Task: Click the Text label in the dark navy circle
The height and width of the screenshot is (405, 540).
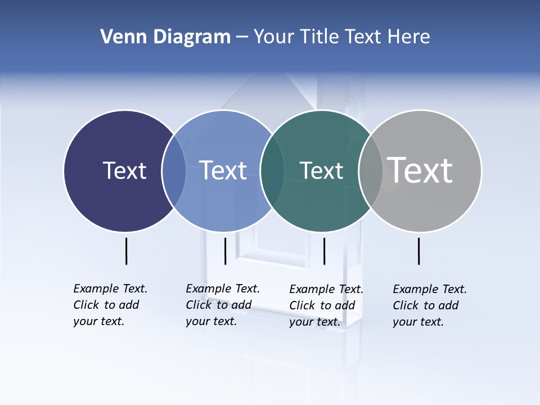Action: pyautogui.click(x=124, y=170)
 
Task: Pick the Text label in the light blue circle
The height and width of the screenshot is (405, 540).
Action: pyautogui.click(x=223, y=170)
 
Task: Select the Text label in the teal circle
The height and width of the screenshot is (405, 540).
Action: pyautogui.click(x=321, y=170)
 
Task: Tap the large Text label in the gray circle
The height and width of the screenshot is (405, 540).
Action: pyautogui.click(x=420, y=170)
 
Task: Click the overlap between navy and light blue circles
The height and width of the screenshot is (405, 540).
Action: pyautogui.click(x=174, y=171)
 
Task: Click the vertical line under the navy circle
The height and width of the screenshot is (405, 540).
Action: pyautogui.click(x=126, y=251)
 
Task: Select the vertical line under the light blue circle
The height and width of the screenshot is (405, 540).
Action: pyautogui.click(x=225, y=251)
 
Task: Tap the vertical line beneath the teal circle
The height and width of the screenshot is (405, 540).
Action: pyautogui.click(x=324, y=251)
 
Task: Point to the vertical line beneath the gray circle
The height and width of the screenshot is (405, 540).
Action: pyautogui.click(x=418, y=251)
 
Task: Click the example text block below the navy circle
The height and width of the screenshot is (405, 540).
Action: pyautogui.click(x=110, y=305)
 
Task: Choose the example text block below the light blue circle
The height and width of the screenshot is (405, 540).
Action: pyautogui.click(x=223, y=305)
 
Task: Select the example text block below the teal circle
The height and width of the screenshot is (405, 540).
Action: pyautogui.click(x=326, y=305)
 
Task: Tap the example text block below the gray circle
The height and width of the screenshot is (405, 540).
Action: pyautogui.click(x=430, y=305)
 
